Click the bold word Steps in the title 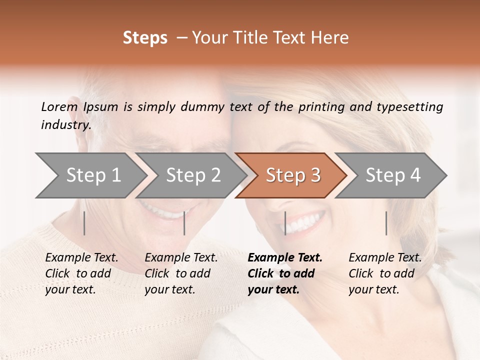(145, 38)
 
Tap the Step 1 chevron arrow (93, 175)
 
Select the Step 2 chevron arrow (193, 175)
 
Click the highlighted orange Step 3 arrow (293, 175)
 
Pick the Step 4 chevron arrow (393, 175)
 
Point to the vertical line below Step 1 (84, 223)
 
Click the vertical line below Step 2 (184, 223)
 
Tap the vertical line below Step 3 (285, 223)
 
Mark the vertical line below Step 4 (386, 223)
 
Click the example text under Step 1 (81, 273)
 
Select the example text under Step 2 (181, 273)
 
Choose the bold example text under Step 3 (284, 273)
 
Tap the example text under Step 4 (385, 273)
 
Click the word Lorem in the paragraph (59, 106)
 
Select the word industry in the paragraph (66, 125)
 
